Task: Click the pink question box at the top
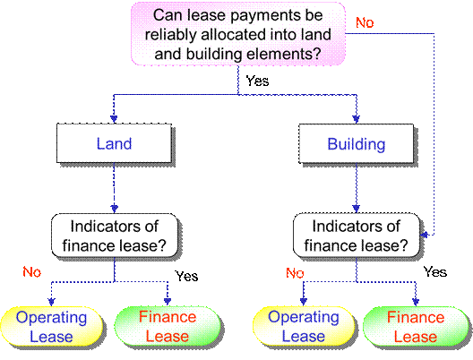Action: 238,34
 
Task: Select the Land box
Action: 115,143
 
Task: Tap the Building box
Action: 357,143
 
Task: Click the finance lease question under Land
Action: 115,236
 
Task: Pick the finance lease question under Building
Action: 357,236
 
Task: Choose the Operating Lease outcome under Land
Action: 52,326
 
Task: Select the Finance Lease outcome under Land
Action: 168,326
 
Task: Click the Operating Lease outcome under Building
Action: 304,326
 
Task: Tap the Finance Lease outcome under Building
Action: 416,326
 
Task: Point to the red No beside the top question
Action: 365,22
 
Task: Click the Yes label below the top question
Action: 257,81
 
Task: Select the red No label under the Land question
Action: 32,272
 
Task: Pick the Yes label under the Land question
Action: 186,276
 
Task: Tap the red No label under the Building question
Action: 295,273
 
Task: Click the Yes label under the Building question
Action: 435,271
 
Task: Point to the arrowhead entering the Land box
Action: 114,119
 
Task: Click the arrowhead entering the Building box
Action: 357,119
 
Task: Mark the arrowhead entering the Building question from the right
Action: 424,235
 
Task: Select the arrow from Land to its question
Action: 115,188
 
